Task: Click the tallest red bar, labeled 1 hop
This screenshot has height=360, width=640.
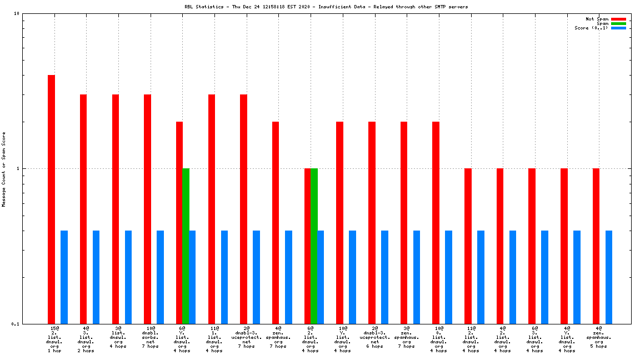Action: click(51, 199)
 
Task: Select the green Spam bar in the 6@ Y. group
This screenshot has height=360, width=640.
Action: click(186, 246)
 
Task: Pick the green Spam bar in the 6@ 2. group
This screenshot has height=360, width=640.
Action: click(314, 246)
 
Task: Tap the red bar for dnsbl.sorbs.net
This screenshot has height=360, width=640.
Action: click(147, 209)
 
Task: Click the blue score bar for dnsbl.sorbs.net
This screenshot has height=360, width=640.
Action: click(160, 277)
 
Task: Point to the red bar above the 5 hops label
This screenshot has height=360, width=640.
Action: click(596, 246)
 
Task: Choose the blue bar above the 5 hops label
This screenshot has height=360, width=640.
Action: click(609, 277)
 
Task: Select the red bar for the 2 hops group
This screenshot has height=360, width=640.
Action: click(83, 209)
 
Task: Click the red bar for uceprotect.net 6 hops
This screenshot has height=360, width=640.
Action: click(372, 222)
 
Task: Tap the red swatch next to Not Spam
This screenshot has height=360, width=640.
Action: click(618, 19)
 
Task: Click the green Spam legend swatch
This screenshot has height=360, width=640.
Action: click(618, 23)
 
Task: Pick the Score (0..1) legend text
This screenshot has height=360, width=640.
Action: click(591, 28)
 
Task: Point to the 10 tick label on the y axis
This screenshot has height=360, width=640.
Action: click(17, 14)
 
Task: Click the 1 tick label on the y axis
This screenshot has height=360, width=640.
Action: click(18, 168)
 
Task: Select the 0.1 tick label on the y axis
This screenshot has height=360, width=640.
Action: click(16, 324)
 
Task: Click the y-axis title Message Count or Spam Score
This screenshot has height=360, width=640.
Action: click(4, 169)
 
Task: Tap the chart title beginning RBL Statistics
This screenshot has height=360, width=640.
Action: click(326, 7)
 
